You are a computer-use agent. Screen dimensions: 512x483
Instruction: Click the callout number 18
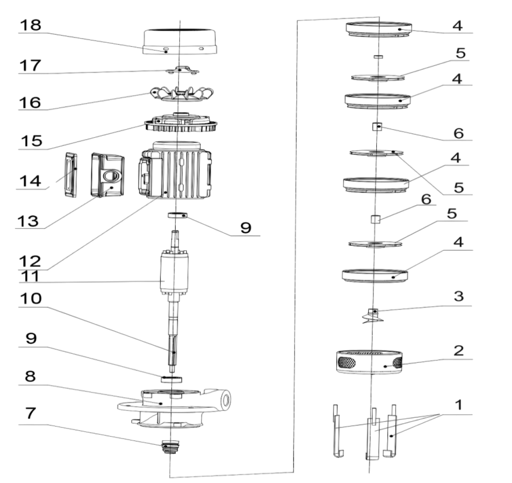coord(31,25)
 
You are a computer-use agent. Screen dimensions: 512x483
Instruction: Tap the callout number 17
coord(31,65)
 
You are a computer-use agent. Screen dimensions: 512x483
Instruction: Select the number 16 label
coord(30,102)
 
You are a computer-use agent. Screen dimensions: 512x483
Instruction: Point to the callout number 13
coord(28,221)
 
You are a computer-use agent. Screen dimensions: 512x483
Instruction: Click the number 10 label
coord(31,299)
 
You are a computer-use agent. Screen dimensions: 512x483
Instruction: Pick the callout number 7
coord(31,413)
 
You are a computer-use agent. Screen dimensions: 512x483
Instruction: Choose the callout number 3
coord(459,296)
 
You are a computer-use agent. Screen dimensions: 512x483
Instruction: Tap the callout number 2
coord(459,351)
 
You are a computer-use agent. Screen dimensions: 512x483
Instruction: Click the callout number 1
coord(459,405)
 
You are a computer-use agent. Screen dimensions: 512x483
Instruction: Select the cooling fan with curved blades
coord(182,94)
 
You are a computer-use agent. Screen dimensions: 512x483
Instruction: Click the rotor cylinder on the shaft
coord(174,274)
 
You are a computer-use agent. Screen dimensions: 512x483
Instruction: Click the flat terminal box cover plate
coord(71,175)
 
